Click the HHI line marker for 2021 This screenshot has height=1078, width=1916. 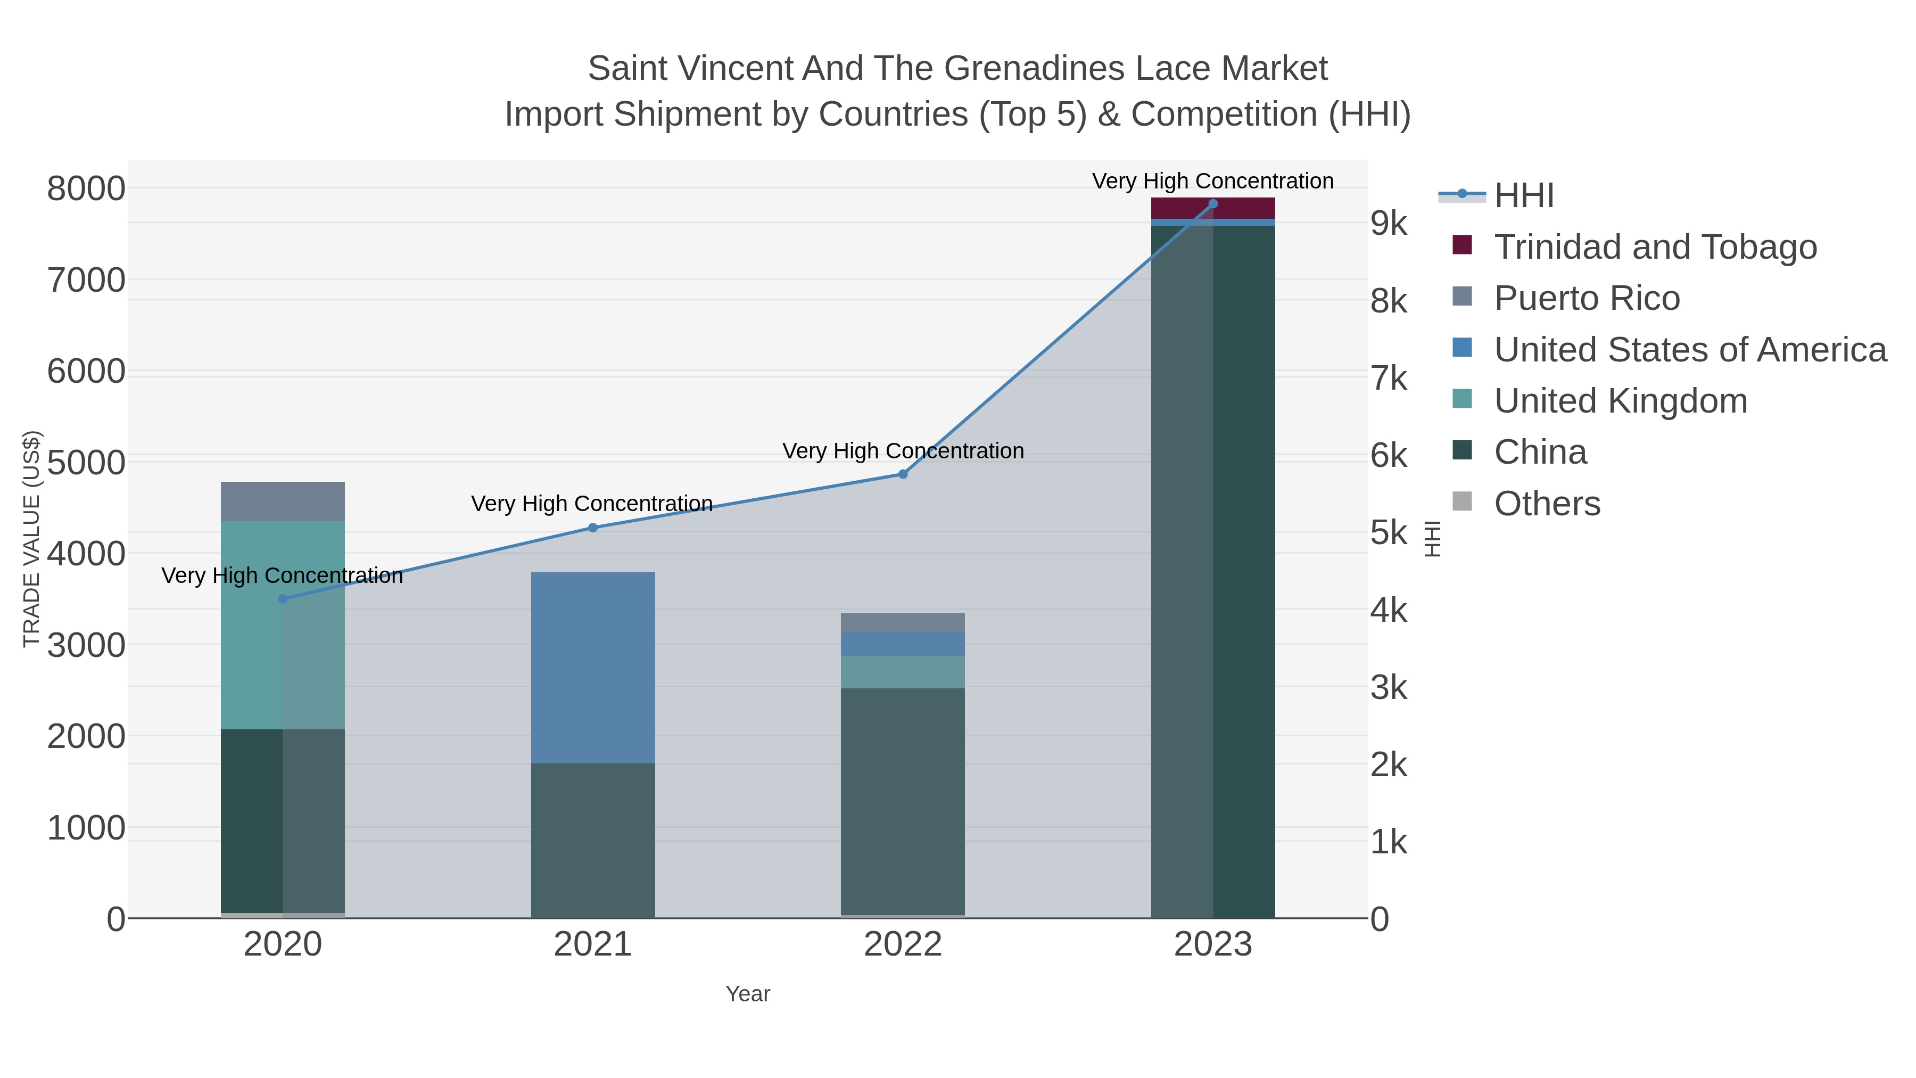pos(593,528)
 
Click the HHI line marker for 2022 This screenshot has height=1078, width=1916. pos(903,474)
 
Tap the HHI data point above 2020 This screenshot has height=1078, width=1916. pos(283,599)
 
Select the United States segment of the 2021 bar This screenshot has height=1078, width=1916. pos(593,668)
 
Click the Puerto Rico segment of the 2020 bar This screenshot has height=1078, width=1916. pos(283,501)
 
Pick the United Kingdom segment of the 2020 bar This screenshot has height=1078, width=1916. pos(283,625)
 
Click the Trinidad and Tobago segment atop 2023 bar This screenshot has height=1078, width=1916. pos(1213,208)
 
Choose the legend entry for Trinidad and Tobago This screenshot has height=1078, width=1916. pos(1655,247)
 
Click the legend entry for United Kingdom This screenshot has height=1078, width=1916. pos(1620,401)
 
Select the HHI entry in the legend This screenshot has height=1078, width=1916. pos(1523,196)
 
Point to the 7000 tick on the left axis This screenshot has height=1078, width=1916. pos(86,281)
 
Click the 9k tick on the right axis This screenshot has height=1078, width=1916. pos(1389,223)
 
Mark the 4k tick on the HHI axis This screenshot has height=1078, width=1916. pos(1389,610)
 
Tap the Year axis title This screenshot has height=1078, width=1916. pos(748,994)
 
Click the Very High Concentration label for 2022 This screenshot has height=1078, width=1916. pos(903,451)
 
